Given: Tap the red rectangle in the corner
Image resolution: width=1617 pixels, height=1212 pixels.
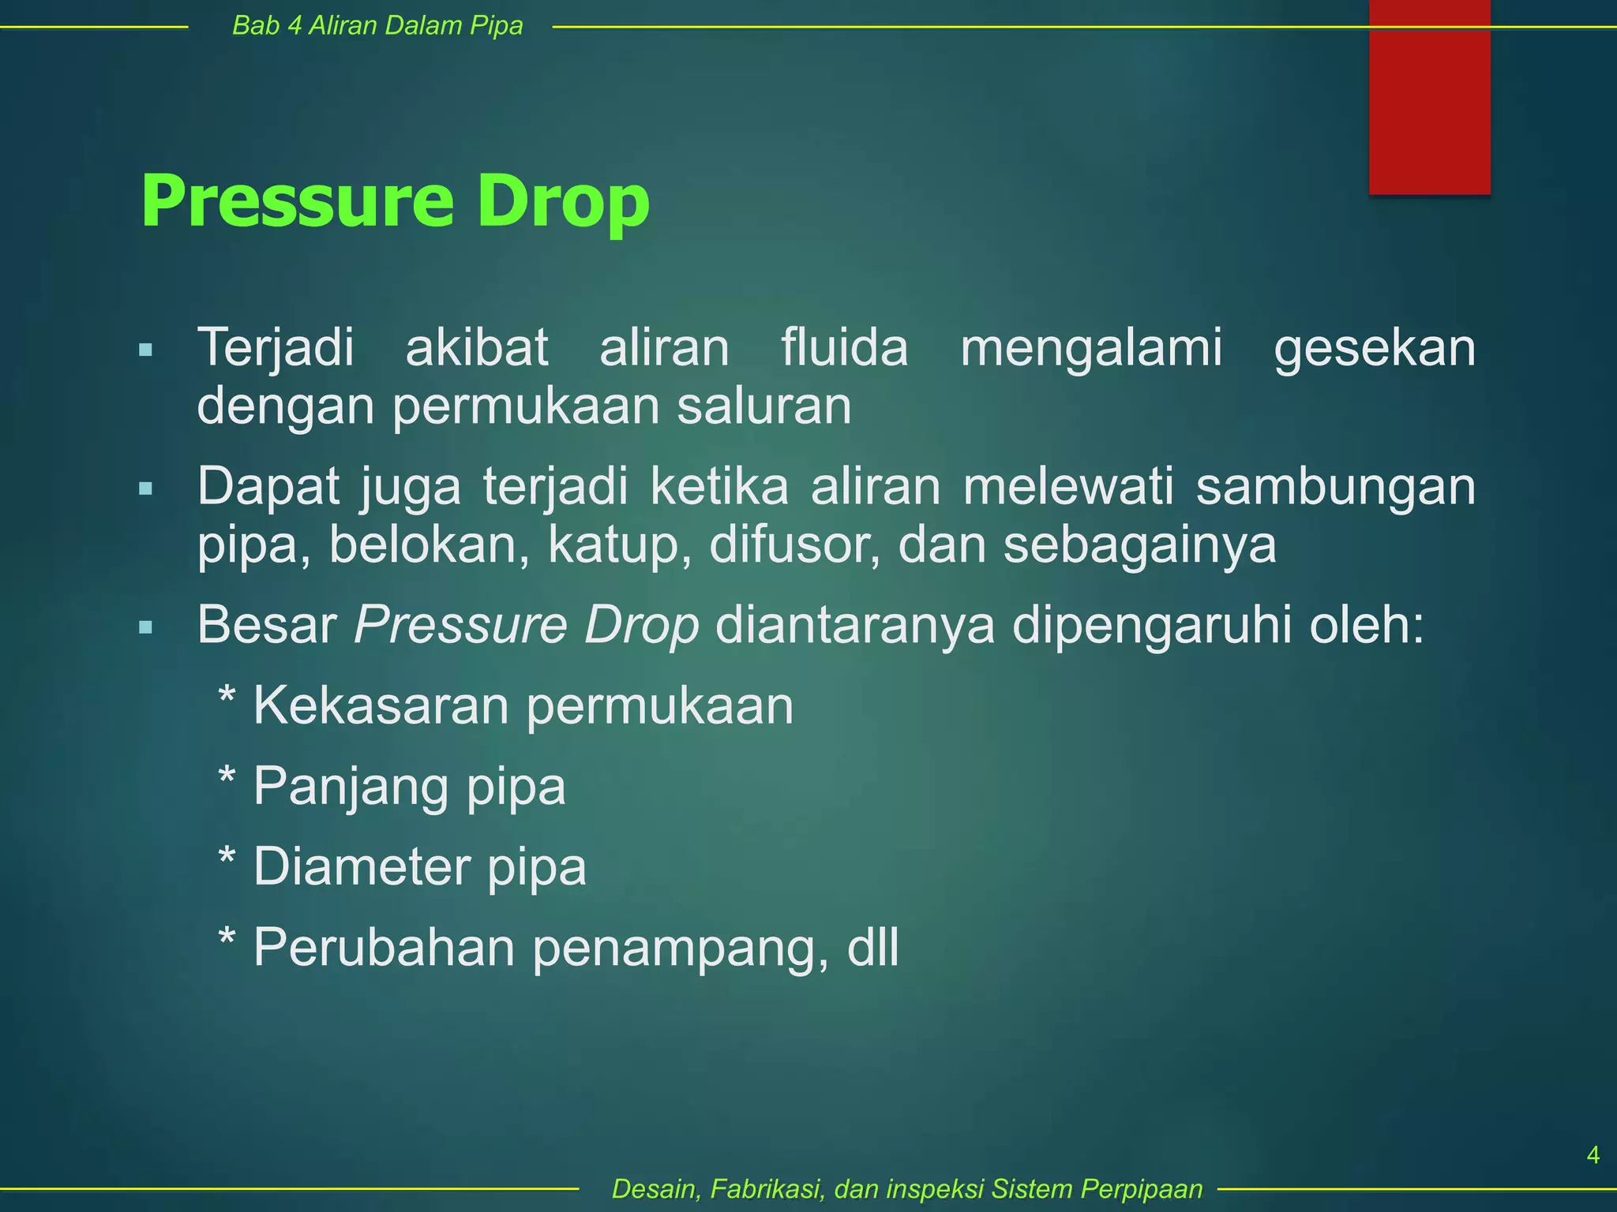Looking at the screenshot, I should [1429, 96].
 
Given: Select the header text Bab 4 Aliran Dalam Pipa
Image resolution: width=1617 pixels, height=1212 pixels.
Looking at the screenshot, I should [377, 26].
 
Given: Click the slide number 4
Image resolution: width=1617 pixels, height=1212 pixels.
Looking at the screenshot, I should [1593, 1155].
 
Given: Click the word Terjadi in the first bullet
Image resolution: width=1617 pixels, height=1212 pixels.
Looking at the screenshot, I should [275, 348].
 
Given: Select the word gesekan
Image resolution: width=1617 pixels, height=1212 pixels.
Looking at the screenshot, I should [1374, 348].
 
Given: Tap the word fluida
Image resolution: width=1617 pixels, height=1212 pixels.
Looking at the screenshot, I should [844, 348].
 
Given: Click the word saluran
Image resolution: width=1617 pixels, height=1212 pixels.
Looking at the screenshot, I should [763, 406].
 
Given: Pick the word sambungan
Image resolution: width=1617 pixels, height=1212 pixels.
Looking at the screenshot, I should [1335, 487].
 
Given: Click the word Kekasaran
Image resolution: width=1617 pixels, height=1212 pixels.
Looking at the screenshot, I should [381, 705].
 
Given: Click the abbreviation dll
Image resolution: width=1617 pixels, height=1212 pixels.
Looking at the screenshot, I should [872, 947].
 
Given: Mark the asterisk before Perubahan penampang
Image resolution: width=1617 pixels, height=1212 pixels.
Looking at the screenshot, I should [227, 939].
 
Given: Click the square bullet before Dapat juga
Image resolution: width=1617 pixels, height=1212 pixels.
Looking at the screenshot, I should [145, 489].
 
